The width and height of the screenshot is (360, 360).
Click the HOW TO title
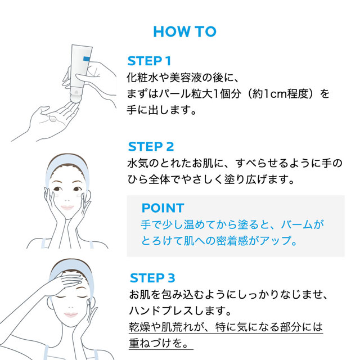(x=184, y=31)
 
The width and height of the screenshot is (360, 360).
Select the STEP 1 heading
(x=149, y=61)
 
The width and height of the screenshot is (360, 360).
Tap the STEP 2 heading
(x=151, y=146)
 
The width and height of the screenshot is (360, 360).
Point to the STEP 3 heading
(x=152, y=278)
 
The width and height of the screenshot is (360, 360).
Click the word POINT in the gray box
(x=163, y=208)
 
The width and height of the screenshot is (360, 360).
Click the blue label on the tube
(x=87, y=59)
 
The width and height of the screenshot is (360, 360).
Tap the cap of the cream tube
(x=75, y=96)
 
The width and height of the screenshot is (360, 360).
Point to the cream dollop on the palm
(x=53, y=119)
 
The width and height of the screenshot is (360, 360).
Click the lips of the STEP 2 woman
(x=67, y=208)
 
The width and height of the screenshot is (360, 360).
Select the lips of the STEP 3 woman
(x=71, y=314)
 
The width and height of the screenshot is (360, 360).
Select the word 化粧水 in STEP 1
(x=142, y=78)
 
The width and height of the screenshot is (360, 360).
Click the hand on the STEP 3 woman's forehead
(x=65, y=283)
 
